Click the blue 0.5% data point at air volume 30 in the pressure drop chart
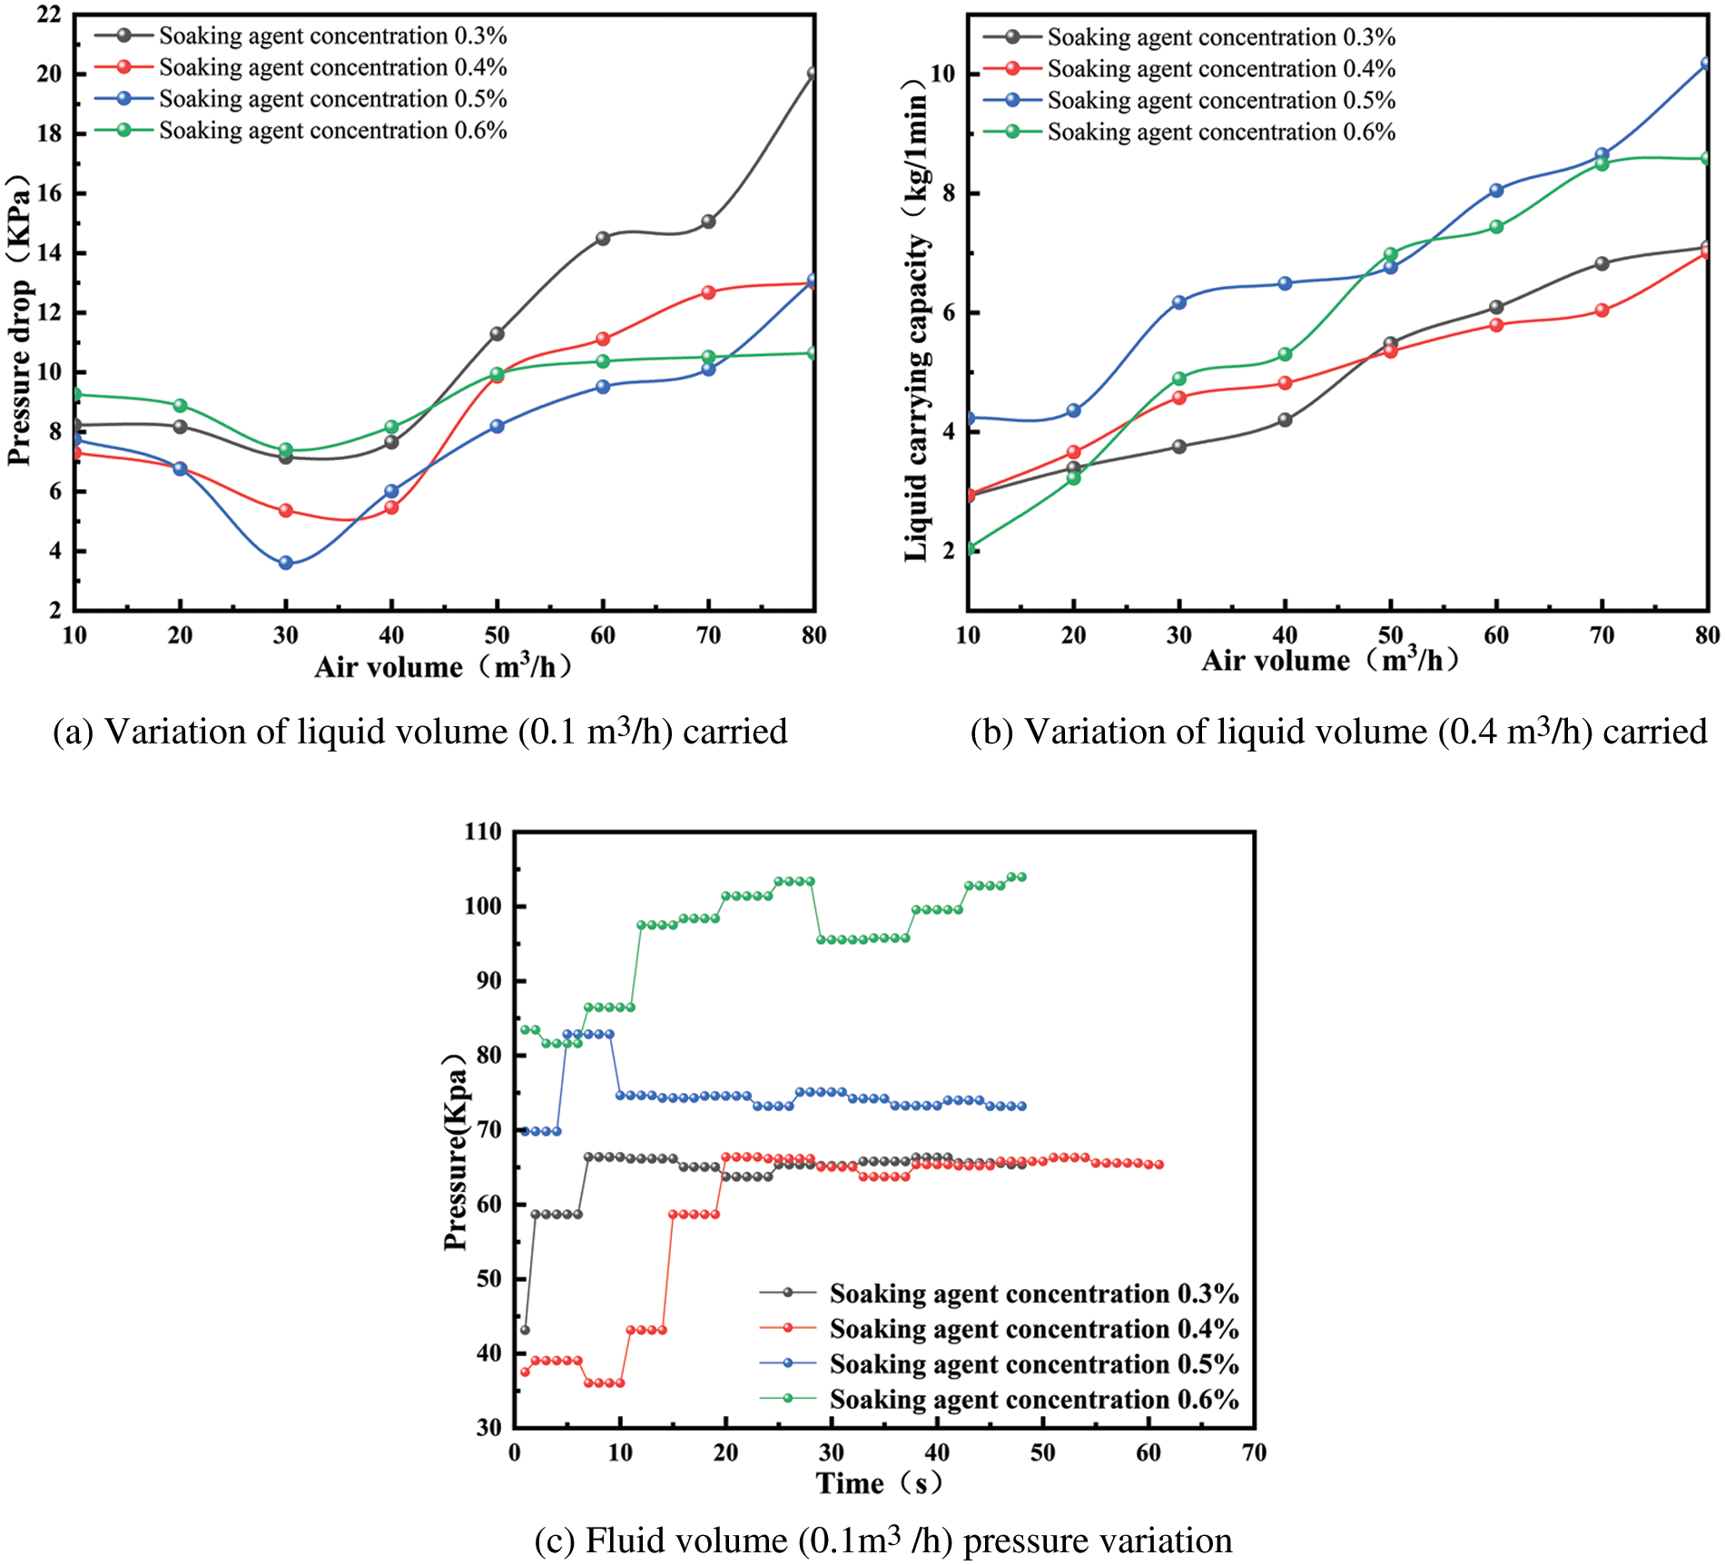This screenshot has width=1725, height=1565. [x=286, y=563]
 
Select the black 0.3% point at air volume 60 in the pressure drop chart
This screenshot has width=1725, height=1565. [x=603, y=239]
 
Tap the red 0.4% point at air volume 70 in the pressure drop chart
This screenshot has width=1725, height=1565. [x=708, y=292]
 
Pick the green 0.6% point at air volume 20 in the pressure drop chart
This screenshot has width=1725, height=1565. [x=181, y=406]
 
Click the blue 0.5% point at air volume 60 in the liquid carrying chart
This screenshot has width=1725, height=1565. [x=1496, y=191]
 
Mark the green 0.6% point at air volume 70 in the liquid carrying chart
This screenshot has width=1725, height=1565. [x=1602, y=164]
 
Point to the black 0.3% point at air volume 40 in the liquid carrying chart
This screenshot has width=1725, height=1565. [x=1285, y=420]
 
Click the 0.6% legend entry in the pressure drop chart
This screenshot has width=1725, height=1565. [x=332, y=131]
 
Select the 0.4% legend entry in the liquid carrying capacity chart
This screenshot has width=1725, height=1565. [x=1220, y=69]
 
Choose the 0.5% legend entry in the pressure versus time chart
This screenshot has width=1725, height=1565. [x=1033, y=1364]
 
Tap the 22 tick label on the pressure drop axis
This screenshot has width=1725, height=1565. [x=49, y=15]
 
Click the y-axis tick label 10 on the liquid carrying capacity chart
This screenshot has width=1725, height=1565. [x=944, y=74]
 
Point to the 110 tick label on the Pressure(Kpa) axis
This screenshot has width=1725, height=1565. [x=482, y=832]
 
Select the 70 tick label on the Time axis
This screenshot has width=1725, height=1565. [x=1254, y=1452]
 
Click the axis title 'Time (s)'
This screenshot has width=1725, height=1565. [x=879, y=1483]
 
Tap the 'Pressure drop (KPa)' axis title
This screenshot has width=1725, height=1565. [x=20, y=320]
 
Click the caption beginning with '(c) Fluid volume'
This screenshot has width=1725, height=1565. [x=882, y=1541]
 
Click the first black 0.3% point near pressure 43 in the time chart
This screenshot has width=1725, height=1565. [x=525, y=1330]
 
